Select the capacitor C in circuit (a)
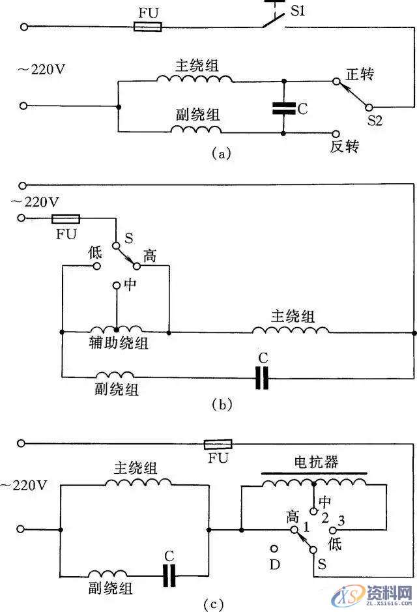[283, 108]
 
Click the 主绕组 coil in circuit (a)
[194, 79]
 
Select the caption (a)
[221, 154]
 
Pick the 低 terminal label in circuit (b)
[95, 252]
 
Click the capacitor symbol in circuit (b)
[262, 377]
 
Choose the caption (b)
[222, 405]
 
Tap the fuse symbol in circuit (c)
[217, 444]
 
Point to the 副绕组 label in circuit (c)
[111, 588]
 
